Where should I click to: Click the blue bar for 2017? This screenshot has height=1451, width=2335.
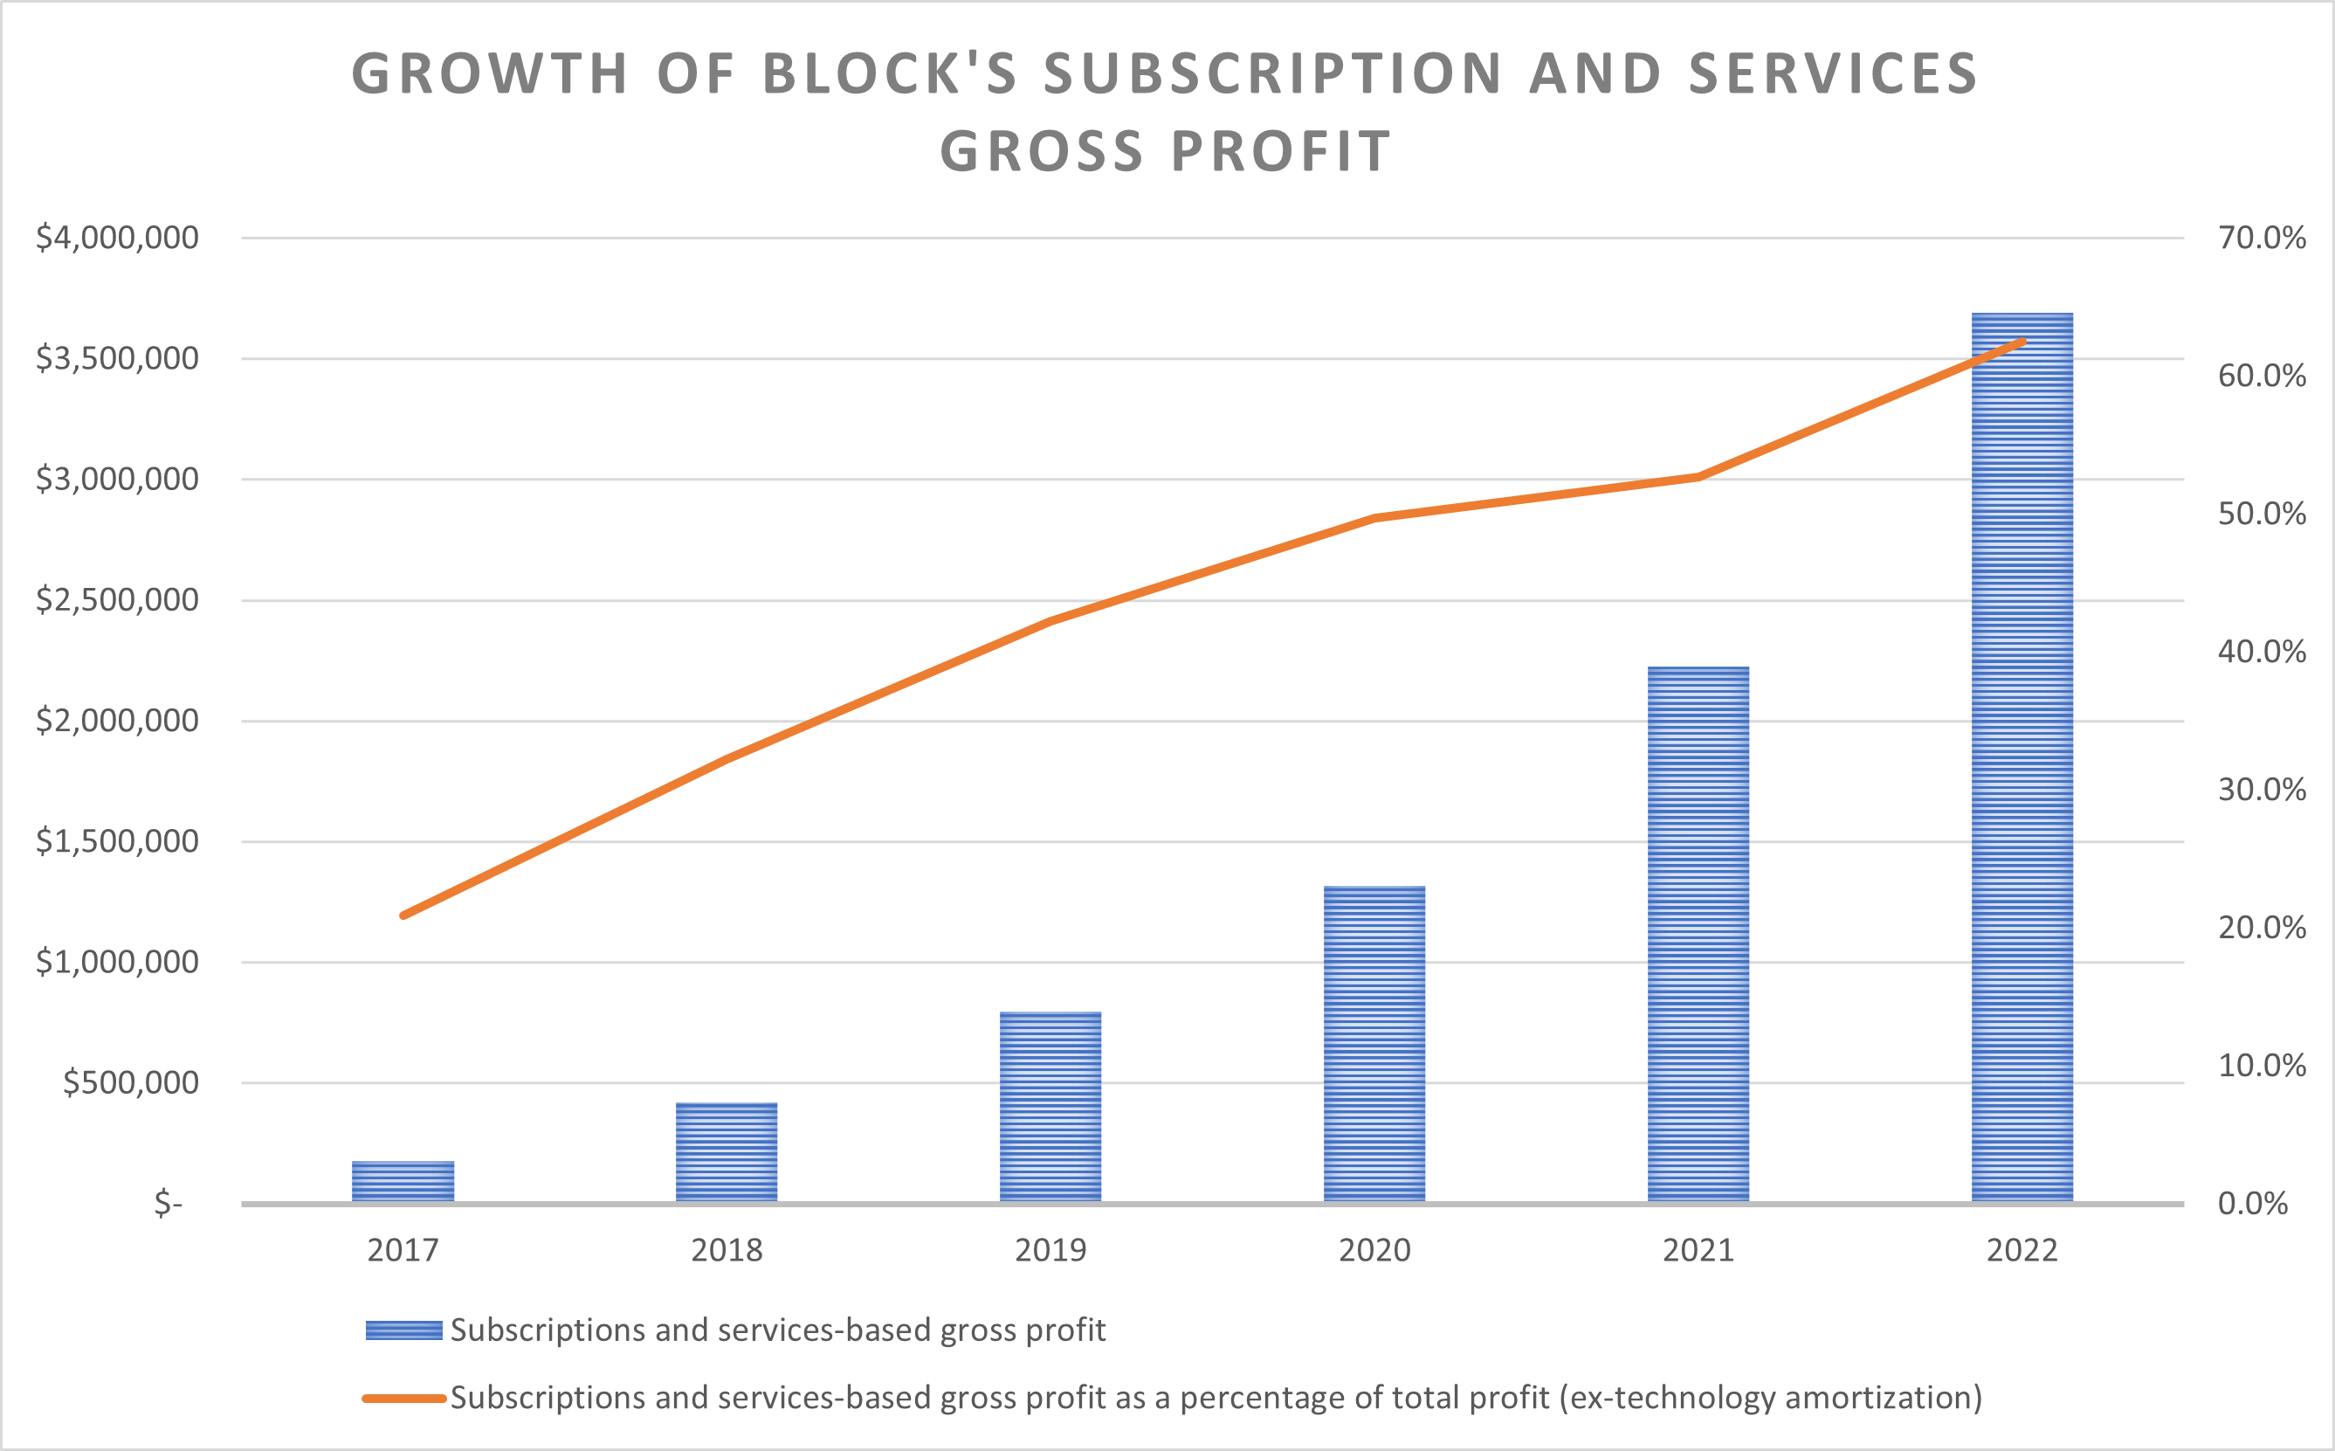pos(403,1181)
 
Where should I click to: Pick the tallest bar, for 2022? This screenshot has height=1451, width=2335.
pos(2022,758)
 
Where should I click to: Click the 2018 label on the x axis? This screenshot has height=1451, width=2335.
pos(727,1250)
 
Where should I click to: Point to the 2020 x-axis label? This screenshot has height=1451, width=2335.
pos(1374,1250)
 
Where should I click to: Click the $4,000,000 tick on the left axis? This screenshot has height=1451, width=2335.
pos(117,237)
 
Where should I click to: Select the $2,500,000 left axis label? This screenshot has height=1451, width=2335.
pos(117,600)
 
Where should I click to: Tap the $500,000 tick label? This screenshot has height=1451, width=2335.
pos(130,1082)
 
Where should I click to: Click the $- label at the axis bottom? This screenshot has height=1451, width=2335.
pos(169,1204)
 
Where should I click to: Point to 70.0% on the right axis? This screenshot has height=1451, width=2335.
pos(2261,237)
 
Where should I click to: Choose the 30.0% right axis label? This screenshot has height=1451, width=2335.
pos(2261,790)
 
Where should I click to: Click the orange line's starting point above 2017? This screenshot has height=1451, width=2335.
pos(403,916)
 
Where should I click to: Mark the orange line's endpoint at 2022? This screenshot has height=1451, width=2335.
pos(2022,341)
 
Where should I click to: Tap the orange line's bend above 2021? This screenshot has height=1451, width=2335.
pos(1698,477)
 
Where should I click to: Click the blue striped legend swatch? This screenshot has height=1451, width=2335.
pos(404,1330)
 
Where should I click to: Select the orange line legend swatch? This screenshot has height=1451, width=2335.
pos(404,1399)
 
